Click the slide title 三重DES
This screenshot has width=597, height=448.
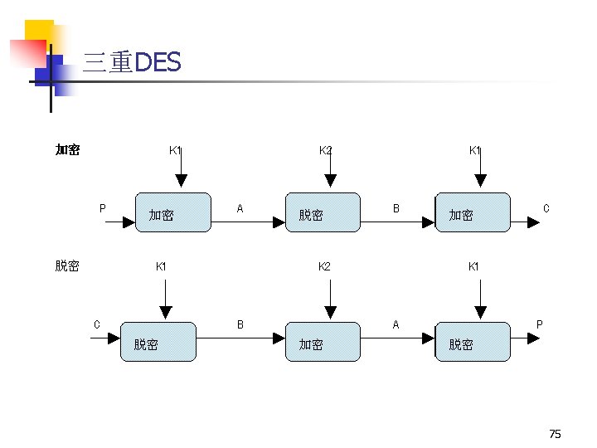coord(132,63)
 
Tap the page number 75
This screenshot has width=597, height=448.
coord(555,434)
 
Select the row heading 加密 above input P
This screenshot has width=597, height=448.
coord(67,150)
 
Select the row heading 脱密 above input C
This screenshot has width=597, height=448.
coord(67,266)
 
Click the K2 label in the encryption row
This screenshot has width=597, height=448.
coord(327,150)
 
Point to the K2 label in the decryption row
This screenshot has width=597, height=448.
coord(325,266)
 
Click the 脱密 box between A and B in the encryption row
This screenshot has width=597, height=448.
coord(323,213)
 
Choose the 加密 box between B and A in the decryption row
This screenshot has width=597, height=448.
coord(323,341)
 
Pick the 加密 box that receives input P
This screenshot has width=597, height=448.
coord(173,213)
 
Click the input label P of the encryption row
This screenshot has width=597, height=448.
coord(102,209)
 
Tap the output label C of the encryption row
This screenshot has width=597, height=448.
coord(546,208)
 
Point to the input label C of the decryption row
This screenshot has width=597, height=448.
coord(96,324)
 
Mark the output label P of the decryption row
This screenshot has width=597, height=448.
coord(540,324)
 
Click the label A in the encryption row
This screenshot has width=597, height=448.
coord(240,209)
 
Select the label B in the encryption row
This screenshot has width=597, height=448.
coord(396,209)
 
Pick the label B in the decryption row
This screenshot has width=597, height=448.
coord(240,324)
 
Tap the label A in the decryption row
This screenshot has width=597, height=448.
coord(396,324)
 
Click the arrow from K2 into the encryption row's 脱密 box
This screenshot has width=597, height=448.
coord(331,173)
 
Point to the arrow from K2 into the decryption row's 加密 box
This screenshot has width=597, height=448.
coord(331,299)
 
